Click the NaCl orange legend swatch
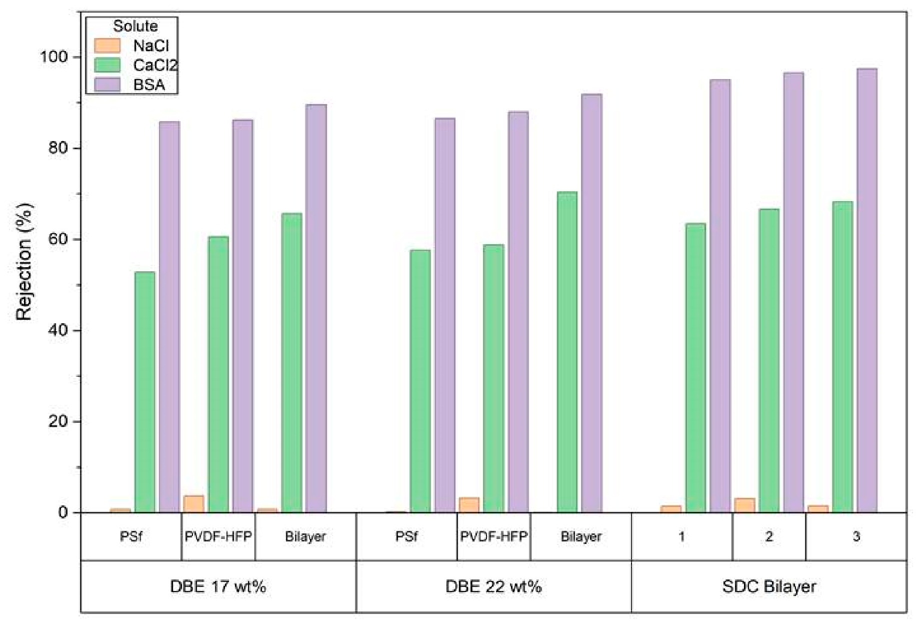point(107,46)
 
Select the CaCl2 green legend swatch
point(107,65)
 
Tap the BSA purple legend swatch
point(107,85)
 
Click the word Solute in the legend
point(135,26)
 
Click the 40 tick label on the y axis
point(59,330)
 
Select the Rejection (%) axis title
point(24,262)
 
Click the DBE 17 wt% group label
point(218,586)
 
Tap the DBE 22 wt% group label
point(493,586)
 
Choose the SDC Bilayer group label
point(769,586)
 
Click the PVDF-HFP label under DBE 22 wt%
point(493,536)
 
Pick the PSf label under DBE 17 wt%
point(131,536)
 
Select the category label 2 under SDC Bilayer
point(769,536)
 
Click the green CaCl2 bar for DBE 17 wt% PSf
point(145,392)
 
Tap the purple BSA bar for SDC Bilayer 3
point(867,291)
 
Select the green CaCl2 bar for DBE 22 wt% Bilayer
point(567,352)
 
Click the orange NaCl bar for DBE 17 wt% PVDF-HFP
point(194,504)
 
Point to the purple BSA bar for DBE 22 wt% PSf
point(445,315)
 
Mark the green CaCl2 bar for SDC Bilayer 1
point(695,368)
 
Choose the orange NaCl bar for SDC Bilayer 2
point(744,505)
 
